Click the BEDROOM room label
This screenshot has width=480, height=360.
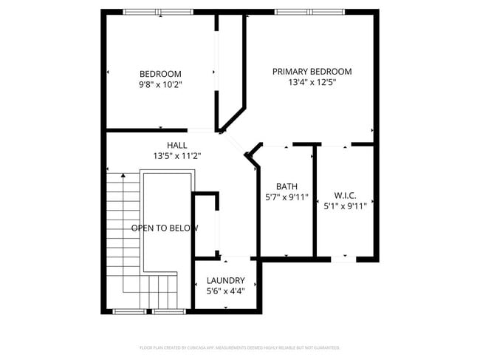point(160,73)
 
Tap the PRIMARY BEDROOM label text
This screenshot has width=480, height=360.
point(312,72)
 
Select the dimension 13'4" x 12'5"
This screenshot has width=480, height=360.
point(312,83)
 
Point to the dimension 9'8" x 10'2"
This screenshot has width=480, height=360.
point(160,85)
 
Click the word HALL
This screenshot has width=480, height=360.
point(177,145)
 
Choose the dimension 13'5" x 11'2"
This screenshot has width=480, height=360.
point(177,156)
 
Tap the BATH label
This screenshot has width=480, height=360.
point(287,186)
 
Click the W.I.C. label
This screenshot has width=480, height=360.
point(345,195)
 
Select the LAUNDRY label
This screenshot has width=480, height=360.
point(225,280)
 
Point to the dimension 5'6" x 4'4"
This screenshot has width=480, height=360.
point(225,291)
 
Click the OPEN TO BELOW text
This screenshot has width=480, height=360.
point(164,228)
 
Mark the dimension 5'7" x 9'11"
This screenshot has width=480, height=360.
point(287,197)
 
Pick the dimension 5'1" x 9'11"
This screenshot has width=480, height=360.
point(345,206)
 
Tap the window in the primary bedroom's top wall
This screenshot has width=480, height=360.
point(309,12)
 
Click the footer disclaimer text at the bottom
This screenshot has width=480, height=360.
point(239,347)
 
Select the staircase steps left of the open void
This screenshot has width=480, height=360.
point(121,222)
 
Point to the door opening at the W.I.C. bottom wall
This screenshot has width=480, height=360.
point(343,259)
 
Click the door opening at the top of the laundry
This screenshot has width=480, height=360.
point(236,258)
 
